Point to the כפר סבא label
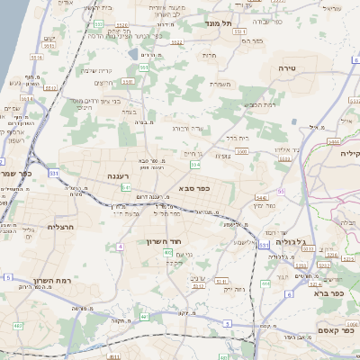pyautogui.click(x=194, y=188)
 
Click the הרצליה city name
pyautogui.click(x=46, y=228)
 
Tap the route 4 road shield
pyautogui.click(x=120, y=245)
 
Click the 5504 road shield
pyautogui.click(x=334, y=142)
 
